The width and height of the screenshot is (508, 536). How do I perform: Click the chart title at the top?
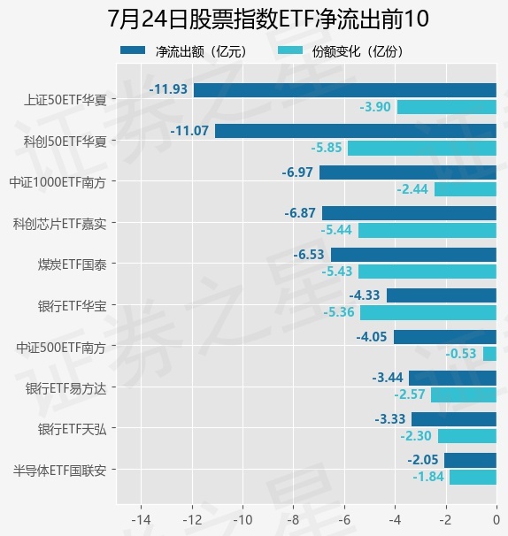268,19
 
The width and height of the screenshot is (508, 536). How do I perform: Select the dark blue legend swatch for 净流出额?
133,50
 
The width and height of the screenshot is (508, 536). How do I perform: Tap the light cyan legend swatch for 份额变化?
290,50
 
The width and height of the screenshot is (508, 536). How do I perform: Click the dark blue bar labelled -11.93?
345,90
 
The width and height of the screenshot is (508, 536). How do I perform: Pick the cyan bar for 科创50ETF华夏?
422,148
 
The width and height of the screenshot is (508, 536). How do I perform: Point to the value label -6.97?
297,172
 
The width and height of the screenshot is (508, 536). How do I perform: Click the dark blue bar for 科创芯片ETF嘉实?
409,213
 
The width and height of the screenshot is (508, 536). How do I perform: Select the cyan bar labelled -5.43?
427,272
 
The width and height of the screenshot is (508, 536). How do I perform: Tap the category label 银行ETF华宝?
73,306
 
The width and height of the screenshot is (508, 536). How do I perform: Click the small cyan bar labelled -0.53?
489,354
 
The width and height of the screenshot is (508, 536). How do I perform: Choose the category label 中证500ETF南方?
61,348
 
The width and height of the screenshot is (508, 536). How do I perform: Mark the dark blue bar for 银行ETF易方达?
452,378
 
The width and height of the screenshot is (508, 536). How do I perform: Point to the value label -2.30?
416,435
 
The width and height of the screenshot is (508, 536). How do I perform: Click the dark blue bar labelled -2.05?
470,460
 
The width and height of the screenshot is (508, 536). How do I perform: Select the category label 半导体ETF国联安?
59,471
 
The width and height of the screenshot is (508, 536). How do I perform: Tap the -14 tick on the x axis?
141,520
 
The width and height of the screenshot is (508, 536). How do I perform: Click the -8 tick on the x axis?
293,520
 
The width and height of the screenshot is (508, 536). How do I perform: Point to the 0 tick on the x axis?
496,520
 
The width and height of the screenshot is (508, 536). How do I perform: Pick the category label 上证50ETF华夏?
65,100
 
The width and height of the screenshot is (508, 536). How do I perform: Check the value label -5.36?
339,311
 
